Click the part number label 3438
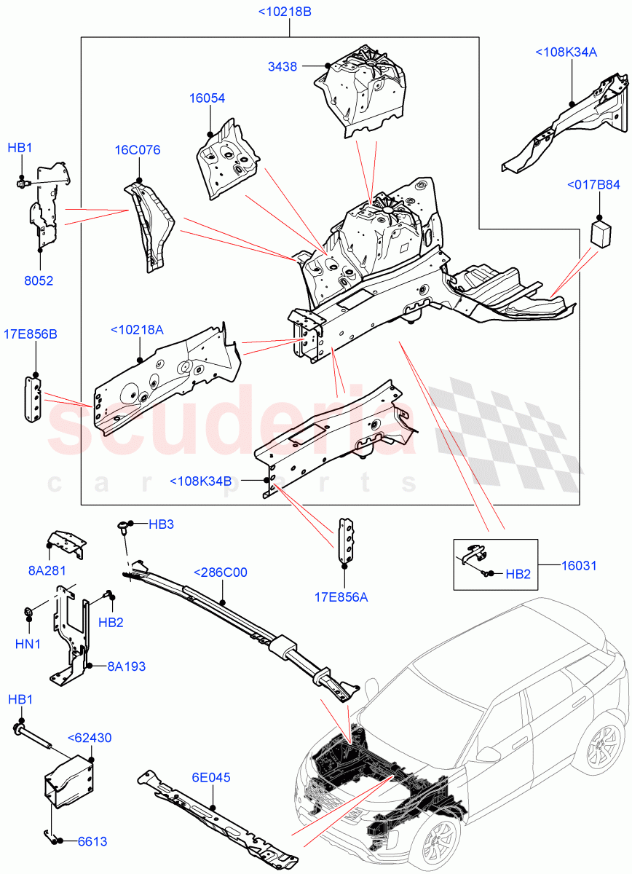[x=283, y=66]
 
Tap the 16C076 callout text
[x=137, y=150]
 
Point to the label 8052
[x=39, y=280]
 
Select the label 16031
[x=579, y=564]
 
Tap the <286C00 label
[x=220, y=572]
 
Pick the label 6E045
[x=212, y=778]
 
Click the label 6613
[x=92, y=841]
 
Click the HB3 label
[x=162, y=524]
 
